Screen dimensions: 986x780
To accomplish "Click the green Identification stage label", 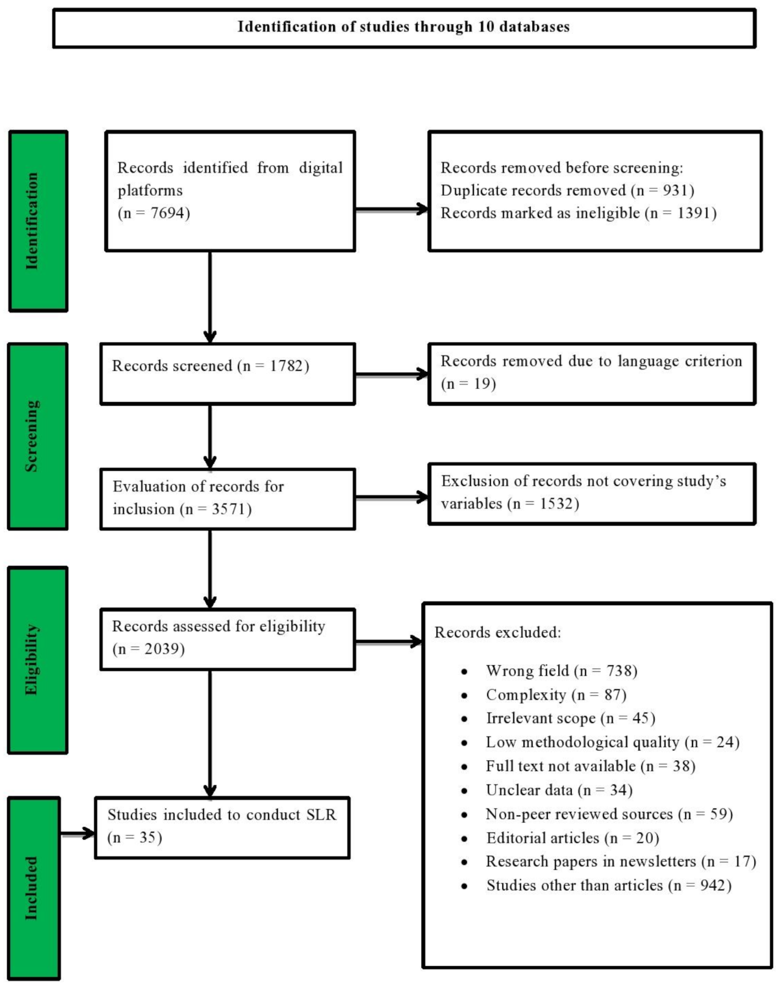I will tap(38, 221).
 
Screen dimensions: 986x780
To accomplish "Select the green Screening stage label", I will tap(37, 436).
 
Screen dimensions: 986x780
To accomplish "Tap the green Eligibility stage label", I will tap(37, 659).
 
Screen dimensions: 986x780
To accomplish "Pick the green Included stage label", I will tap(34, 887).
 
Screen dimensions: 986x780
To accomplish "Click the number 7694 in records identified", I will tap(169, 213).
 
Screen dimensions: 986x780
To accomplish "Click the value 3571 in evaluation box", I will tap(228, 509).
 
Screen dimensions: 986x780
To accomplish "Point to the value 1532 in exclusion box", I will tap(556, 503).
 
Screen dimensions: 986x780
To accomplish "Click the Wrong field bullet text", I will tap(561, 671).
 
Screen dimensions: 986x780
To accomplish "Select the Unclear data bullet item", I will tap(559, 790).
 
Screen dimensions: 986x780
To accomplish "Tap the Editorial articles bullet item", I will tap(572, 838).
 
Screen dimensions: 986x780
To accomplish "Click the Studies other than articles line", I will tap(608, 885).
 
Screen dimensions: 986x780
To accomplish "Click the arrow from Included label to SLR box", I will tap(78, 833).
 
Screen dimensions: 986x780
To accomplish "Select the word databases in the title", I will tap(533, 27).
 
